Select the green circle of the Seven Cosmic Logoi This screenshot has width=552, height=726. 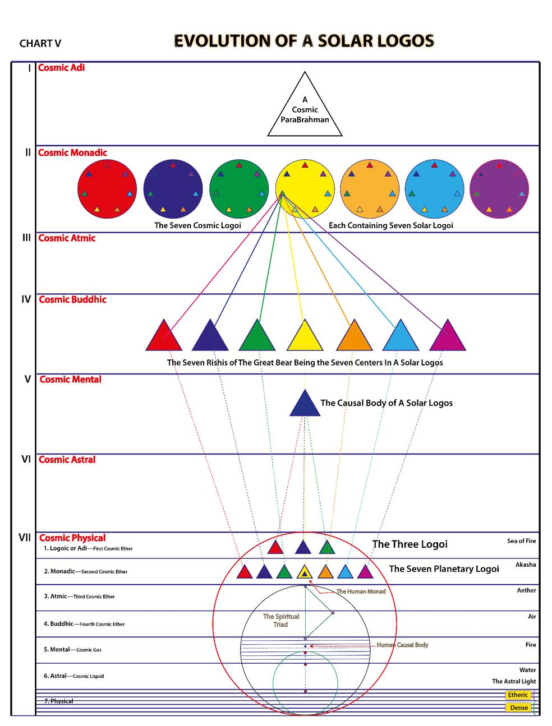point(239,188)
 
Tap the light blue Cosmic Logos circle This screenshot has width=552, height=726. point(434,188)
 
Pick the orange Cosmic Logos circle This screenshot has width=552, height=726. point(369,188)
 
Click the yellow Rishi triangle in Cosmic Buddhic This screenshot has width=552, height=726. point(305,335)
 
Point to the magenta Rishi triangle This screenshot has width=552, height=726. point(448,335)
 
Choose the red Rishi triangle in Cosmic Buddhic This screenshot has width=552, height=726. point(164,335)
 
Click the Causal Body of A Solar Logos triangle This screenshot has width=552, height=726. point(305,402)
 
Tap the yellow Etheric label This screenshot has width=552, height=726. point(518,695)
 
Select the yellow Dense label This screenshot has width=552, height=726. point(518,707)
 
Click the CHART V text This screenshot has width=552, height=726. point(40,43)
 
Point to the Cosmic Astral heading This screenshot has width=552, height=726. point(67,459)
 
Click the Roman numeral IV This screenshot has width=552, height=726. point(26,299)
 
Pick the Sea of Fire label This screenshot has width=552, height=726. point(521,541)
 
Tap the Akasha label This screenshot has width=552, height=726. point(526,565)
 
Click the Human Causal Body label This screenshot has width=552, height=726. point(402,645)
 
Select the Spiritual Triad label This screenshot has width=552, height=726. point(281,620)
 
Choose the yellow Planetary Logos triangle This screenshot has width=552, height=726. point(305,571)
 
